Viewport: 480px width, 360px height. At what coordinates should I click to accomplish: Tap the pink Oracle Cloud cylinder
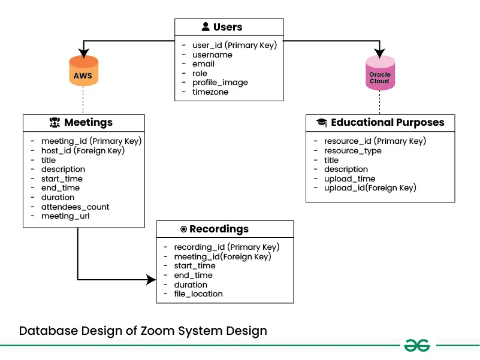(380, 73)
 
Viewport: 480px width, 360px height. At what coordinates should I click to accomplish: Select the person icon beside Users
(206, 27)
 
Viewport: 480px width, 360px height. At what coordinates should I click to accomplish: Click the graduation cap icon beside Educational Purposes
(322, 123)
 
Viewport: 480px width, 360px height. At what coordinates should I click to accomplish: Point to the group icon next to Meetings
(55, 123)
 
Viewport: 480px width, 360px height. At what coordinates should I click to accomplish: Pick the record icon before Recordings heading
(183, 229)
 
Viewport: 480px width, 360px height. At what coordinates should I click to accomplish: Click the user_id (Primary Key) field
(234, 45)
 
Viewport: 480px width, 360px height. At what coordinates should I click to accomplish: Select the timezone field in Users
(210, 92)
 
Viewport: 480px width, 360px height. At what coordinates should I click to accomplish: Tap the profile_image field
(220, 83)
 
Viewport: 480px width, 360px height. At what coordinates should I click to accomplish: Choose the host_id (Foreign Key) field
(83, 150)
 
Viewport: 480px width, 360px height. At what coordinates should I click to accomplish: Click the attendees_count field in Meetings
(75, 207)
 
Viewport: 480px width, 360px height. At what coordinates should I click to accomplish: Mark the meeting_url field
(65, 216)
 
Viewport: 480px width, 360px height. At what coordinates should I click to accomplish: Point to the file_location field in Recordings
(198, 294)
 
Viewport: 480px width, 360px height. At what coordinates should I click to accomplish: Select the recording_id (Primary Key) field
(227, 247)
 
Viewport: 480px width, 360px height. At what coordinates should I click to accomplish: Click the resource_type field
(352, 150)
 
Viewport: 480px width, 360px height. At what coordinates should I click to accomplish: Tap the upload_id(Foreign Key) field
(370, 187)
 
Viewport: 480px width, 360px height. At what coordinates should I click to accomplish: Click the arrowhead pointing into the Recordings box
(152, 280)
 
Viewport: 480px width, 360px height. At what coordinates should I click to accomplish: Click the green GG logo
(418, 345)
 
